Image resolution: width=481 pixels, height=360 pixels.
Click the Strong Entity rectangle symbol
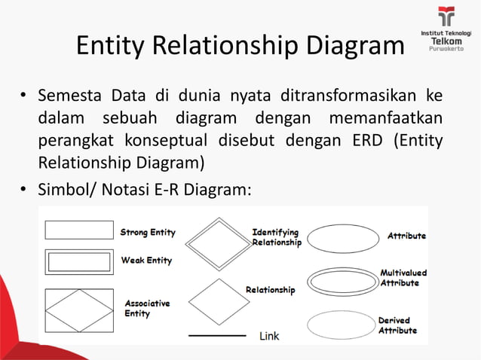coord(79,230)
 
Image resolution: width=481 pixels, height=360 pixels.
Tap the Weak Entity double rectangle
coord(79,262)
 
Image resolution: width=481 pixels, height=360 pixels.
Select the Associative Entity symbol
coord(79,310)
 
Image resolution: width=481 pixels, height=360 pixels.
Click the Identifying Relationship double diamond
coord(217,243)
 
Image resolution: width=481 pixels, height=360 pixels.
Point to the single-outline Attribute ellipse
coord(343,239)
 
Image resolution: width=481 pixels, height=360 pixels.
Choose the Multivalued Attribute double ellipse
coord(343,282)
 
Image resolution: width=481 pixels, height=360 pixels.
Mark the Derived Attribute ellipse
coord(342,325)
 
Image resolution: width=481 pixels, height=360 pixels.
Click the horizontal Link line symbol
coord(217,335)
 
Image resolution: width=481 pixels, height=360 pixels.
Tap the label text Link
coord(269,336)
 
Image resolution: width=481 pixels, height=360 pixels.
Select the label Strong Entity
coord(147,232)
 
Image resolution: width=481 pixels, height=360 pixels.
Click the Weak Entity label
coord(146,261)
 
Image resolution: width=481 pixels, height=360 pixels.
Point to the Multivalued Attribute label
coord(403,278)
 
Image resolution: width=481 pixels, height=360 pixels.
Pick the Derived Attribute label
coord(397,325)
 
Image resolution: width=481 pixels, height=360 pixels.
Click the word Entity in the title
coord(111,46)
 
